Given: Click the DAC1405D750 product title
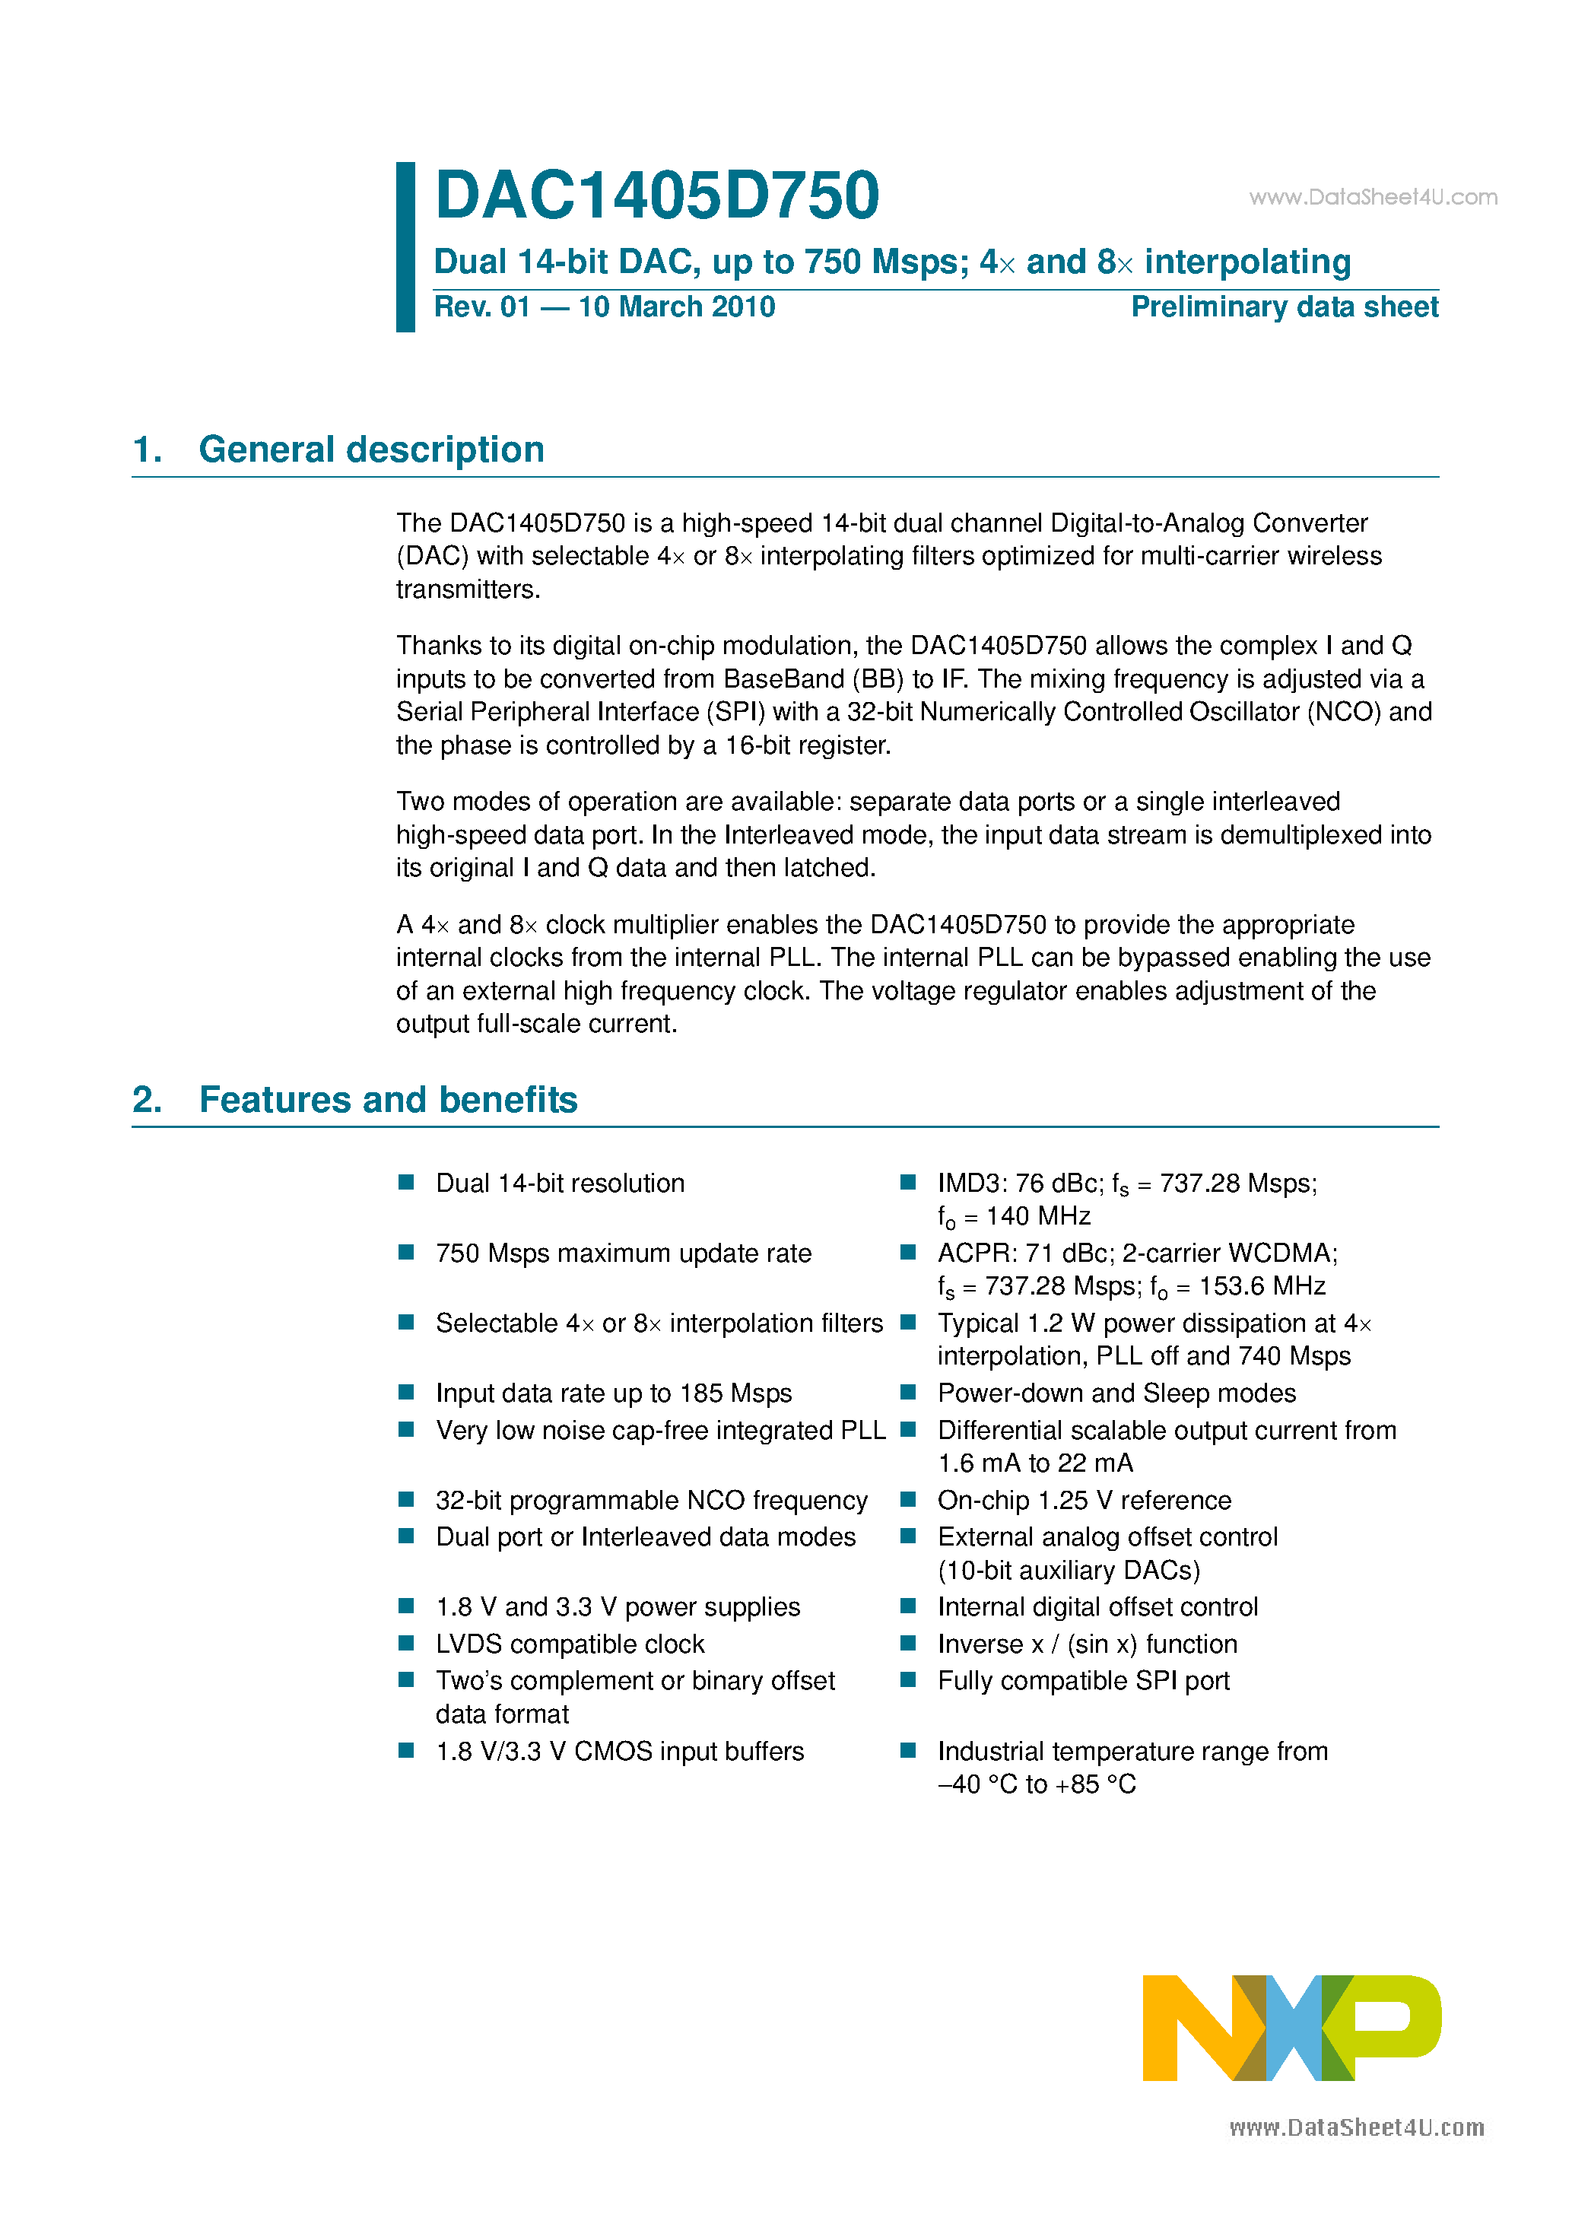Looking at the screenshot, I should (656, 195).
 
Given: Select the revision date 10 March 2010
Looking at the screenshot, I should (676, 307).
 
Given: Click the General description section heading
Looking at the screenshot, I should (371, 450).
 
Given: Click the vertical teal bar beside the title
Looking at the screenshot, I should (406, 247).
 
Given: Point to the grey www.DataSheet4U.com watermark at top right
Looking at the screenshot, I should (1373, 198).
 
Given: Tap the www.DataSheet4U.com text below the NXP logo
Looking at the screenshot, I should (1356, 2127).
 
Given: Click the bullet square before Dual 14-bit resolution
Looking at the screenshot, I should (407, 1182).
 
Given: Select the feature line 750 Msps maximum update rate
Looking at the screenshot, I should (623, 1253).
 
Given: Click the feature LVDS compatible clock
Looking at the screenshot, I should (570, 1644).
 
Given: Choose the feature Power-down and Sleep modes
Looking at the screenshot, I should (1116, 1393).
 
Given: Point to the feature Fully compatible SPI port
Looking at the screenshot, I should (1083, 1681).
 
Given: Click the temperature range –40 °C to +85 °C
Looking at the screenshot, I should (1037, 1784).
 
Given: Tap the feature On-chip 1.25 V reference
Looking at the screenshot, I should (1084, 1501).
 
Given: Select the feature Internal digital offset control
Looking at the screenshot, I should (1097, 1607).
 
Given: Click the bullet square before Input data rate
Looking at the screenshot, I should (407, 1392).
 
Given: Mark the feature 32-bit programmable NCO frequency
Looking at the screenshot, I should (651, 1501).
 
